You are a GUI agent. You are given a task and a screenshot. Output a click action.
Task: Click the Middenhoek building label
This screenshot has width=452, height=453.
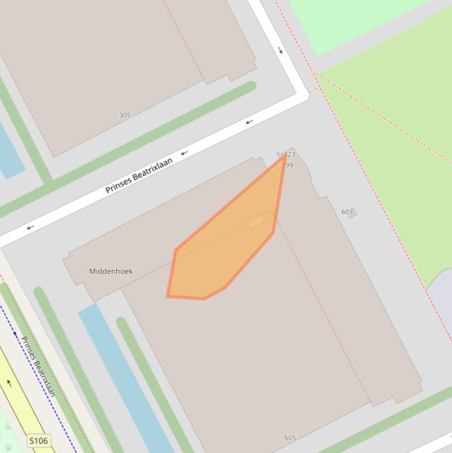coord(111,271)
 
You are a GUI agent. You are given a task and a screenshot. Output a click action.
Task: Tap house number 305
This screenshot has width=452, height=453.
coord(125,115)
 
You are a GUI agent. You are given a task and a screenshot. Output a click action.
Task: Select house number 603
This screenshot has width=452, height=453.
coord(347,212)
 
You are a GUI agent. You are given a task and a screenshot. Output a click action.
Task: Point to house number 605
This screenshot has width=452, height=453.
coord(290,438)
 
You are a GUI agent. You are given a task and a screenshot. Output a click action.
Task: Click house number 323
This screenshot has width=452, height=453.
coord(289,155)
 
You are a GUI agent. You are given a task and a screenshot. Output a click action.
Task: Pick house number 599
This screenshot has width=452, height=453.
coord(287,165)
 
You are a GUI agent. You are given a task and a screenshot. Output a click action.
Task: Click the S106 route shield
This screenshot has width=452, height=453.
coord(38,441)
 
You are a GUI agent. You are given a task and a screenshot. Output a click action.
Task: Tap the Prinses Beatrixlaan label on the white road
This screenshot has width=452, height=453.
coord(139,175)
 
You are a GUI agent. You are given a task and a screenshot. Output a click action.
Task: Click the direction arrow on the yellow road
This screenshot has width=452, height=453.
coord(9,383)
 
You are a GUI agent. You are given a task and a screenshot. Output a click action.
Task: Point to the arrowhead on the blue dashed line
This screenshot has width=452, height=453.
coord(15,334)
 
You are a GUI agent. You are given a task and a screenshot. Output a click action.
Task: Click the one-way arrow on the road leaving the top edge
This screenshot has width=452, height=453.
coord(280,50)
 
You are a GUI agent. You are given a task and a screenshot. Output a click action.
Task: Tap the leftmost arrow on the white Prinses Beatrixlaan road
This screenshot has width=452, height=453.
coord(29,227)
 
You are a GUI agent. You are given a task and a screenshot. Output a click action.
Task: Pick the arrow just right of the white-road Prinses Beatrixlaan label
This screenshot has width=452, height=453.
coord(184,153)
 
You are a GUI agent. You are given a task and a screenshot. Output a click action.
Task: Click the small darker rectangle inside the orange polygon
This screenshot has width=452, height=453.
coord(257,222)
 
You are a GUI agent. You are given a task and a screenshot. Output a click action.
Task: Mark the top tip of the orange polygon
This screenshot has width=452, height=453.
coord(286,155)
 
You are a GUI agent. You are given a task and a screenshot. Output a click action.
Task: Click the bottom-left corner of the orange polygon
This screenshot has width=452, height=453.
coord(168,296)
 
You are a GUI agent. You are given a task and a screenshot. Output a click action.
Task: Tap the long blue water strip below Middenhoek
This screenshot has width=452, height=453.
coord(126,377)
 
